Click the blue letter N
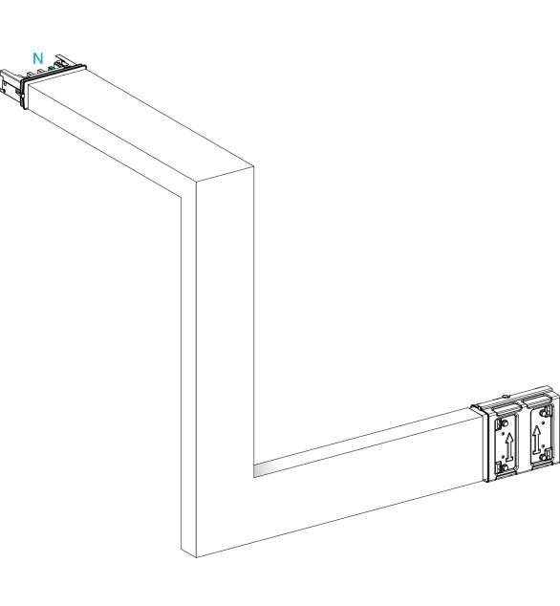(38, 58)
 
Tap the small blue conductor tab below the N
(51, 69)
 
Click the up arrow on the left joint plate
(508, 446)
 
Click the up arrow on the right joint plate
(536, 440)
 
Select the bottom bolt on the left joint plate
(504, 468)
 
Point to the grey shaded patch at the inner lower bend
(267, 469)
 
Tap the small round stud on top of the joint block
(505, 396)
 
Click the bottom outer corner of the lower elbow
(196, 557)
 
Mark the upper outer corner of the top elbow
(254, 166)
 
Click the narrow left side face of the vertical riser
(188, 367)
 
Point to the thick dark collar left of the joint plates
(484, 444)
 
